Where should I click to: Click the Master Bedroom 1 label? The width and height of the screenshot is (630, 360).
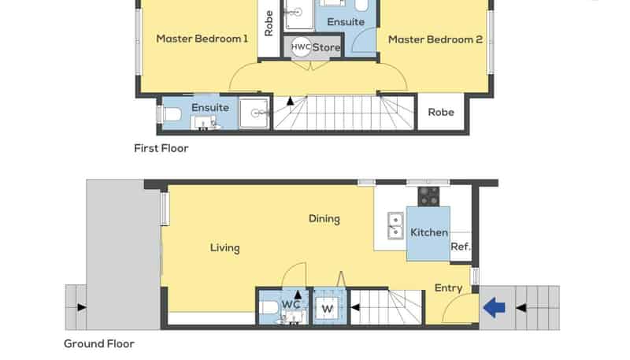pyautogui.click(x=202, y=39)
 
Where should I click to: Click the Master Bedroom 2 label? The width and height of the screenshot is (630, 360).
pyautogui.click(x=435, y=39)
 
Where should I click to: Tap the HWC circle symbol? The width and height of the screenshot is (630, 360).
pyautogui.click(x=300, y=47)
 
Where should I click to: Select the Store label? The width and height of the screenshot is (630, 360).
pyautogui.click(x=326, y=48)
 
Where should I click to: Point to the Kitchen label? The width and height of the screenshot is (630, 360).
pyautogui.click(x=429, y=232)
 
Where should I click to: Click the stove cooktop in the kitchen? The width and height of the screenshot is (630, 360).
pyautogui.click(x=428, y=195)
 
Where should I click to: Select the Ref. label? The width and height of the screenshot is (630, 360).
pyautogui.click(x=460, y=247)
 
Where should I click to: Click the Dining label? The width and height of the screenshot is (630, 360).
pyautogui.click(x=324, y=219)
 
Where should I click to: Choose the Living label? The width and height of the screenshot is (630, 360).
pyautogui.click(x=224, y=248)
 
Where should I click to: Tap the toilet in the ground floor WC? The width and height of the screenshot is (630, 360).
pyautogui.click(x=269, y=307)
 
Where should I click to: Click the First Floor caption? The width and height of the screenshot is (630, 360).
pyautogui.click(x=161, y=148)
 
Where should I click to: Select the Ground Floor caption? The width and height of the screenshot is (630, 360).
pyautogui.click(x=99, y=343)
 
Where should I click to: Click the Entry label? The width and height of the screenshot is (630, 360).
pyautogui.click(x=448, y=288)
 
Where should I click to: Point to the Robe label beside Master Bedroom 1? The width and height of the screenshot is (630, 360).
pyautogui.click(x=269, y=23)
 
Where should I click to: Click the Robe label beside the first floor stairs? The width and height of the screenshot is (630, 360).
pyautogui.click(x=441, y=113)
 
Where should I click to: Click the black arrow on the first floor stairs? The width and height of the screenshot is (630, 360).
pyautogui.click(x=290, y=101)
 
